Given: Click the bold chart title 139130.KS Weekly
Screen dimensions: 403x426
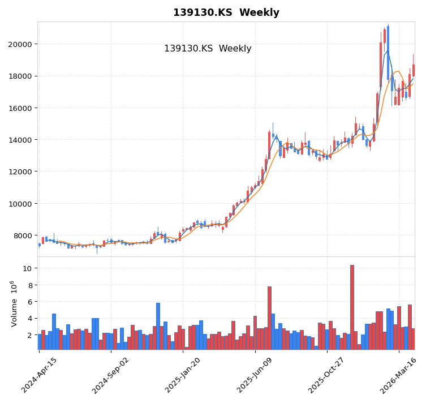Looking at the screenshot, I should tap(226, 13).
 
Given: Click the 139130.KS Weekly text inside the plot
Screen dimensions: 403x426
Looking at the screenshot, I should tap(208, 49).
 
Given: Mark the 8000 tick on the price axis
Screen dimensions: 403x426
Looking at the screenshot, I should tap(22, 235).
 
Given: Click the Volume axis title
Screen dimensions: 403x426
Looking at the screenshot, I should tap(14, 303).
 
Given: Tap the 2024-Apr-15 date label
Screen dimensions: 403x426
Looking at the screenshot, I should tap(40, 375).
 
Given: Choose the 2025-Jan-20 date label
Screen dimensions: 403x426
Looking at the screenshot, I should tap(183, 375).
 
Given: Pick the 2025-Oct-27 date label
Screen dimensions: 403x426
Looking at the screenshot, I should tap(328, 375).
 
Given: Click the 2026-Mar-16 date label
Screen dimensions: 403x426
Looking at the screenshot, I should tap(399, 375).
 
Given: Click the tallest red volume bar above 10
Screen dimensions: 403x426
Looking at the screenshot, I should tap(352, 307).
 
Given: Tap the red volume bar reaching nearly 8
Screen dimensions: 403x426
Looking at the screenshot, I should tap(269, 318).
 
